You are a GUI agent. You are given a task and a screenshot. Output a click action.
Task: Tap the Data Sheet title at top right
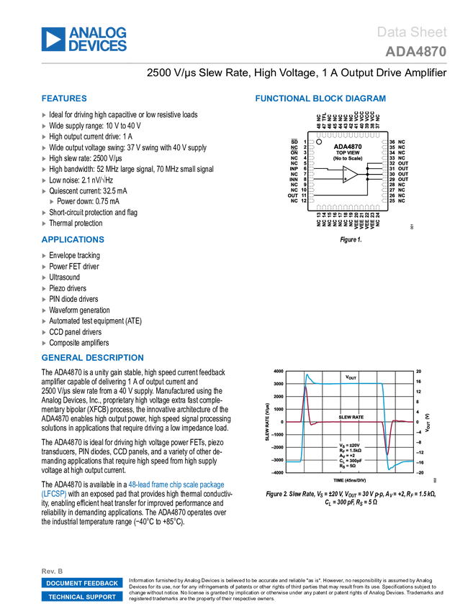412,32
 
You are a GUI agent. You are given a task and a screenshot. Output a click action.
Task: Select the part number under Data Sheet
415,52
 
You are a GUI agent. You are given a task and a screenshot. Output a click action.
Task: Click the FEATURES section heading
64,99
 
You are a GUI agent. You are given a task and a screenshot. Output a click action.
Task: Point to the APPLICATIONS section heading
73,240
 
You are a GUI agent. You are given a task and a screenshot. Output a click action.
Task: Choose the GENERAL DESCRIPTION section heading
92,357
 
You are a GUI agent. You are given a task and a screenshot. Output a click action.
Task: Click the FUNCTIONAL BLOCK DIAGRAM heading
320,99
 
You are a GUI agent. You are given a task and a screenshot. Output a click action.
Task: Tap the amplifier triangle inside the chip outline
350,175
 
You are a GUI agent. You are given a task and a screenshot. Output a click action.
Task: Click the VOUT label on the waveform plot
351,377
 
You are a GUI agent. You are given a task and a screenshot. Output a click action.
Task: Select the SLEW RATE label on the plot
350,416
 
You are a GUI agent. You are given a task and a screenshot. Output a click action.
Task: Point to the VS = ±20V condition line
348,446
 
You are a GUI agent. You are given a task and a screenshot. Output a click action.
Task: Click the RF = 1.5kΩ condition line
349,451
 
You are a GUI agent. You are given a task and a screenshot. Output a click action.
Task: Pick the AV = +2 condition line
346,456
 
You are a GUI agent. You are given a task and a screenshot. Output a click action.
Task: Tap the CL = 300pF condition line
349,461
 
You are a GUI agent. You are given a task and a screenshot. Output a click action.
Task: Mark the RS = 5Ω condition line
346,467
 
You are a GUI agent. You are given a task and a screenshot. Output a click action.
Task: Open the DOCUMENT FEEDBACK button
82,583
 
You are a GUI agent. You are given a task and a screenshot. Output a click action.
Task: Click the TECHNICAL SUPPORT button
82,597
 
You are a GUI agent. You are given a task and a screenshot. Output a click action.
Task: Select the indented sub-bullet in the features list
52,202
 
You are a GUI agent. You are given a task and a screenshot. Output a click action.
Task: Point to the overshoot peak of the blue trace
309,375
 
